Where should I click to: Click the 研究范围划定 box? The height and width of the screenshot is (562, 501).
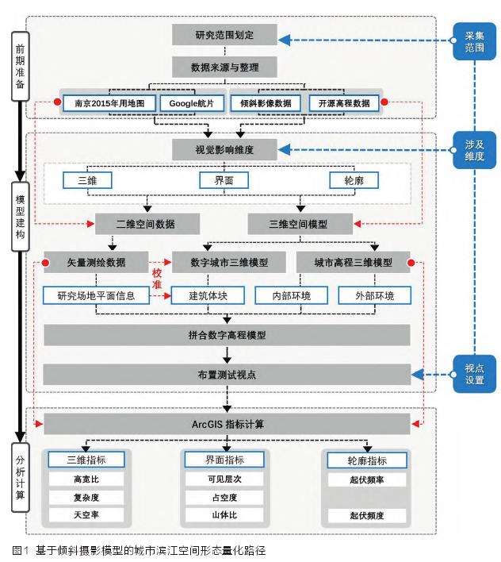[224, 36]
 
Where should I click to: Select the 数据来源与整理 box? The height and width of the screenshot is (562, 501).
[224, 67]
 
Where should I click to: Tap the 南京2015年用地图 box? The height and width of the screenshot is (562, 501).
[110, 102]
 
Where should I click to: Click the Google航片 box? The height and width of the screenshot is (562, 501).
[187, 102]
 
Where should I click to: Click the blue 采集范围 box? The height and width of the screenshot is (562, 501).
[474, 41]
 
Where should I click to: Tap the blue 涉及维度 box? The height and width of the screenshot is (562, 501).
[474, 150]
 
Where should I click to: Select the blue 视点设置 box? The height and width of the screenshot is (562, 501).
[474, 374]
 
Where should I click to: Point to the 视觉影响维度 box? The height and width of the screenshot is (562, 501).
[224, 149]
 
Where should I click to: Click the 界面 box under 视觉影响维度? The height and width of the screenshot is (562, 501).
[224, 180]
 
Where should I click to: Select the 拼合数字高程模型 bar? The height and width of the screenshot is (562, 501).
[227, 335]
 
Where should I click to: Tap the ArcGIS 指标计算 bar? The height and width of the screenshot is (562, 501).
[227, 424]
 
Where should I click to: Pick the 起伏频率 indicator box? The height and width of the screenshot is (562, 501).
[366, 479]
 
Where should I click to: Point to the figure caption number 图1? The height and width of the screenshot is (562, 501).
[19, 549]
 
